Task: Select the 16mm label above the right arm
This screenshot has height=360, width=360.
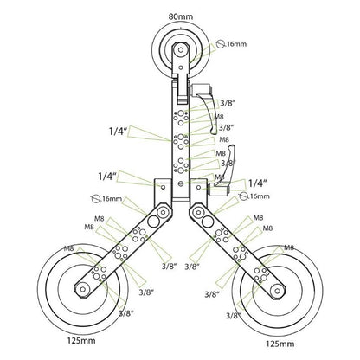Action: pos(259,196)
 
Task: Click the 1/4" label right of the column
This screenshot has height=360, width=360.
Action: pos(256,183)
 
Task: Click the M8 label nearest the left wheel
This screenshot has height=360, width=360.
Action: pos(68,249)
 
